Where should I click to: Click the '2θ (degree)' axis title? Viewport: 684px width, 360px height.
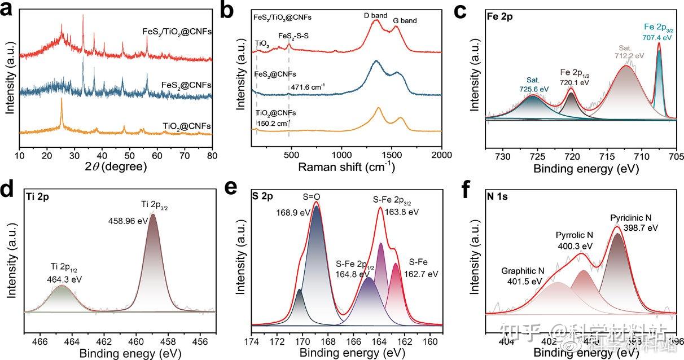(x=116, y=167)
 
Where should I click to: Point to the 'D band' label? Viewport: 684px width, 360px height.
(x=375, y=15)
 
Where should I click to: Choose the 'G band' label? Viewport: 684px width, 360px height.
(x=405, y=21)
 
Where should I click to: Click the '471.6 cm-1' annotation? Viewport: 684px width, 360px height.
(x=307, y=87)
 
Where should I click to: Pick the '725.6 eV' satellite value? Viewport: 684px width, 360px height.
(x=534, y=89)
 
